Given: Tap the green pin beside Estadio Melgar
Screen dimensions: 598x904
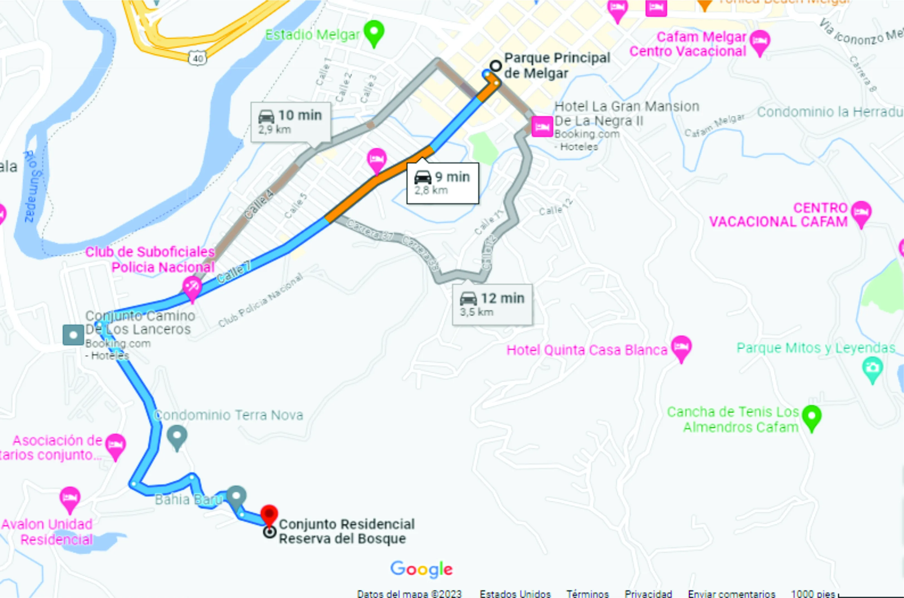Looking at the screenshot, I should click(374, 32).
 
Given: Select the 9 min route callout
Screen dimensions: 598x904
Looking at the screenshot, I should click(442, 183).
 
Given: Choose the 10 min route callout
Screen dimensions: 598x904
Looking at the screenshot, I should click(291, 122).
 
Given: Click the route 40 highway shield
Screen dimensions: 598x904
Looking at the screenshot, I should click(198, 58).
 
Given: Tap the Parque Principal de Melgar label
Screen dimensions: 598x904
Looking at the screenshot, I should click(557, 65).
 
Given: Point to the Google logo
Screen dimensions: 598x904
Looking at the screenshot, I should click(421, 569).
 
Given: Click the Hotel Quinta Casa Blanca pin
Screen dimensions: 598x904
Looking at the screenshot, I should click(681, 347).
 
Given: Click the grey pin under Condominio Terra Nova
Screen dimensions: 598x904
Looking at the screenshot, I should click(177, 436).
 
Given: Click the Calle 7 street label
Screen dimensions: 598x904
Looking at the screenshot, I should click(234, 272).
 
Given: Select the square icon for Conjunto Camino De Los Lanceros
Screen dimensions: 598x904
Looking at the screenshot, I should click(73, 335).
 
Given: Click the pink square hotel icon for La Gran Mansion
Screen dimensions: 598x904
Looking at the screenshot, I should click(542, 126).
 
